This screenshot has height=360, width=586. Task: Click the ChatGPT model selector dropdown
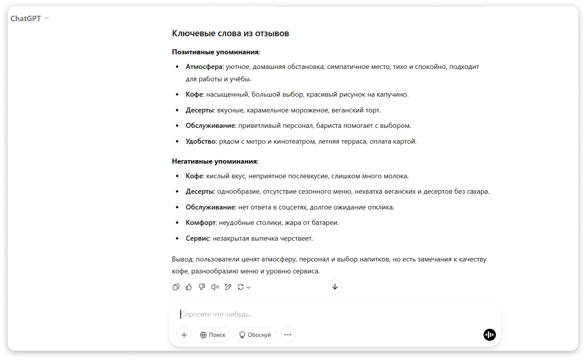tap(30, 18)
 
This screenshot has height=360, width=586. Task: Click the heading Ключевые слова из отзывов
tap(230, 33)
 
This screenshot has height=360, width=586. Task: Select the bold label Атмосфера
tap(204, 67)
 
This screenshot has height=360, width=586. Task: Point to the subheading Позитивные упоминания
tap(215, 52)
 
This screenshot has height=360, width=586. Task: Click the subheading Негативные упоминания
tap(214, 161)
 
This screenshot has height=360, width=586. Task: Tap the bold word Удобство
tap(201, 141)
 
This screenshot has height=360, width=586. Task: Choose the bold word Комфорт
tap(201, 223)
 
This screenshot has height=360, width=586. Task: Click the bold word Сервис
tap(198, 238)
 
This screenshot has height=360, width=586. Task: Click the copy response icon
tap(176, 287)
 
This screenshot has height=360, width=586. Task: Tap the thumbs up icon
tap(189, 287)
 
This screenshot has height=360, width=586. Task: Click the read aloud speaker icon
tap(215, 287)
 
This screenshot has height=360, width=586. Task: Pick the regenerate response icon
tap(241, 287)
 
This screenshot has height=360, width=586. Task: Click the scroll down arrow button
tap(335, 286)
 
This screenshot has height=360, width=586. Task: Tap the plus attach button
tap(184, 335)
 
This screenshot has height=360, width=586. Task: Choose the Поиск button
tap(213, 335)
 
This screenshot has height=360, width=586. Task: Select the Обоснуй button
tap(255, 335)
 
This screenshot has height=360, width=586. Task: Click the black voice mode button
tap(489, 335)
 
